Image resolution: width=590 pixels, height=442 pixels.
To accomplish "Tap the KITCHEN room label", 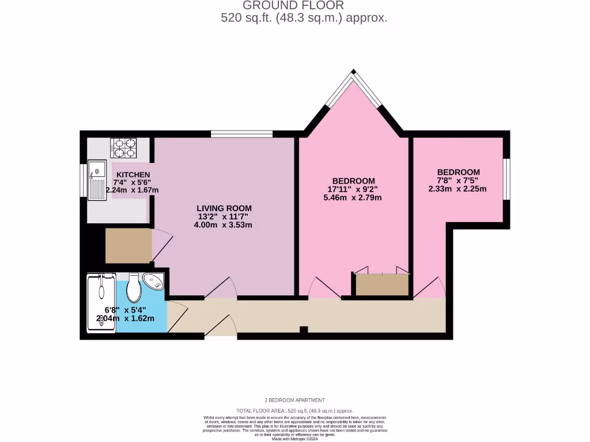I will point(133,175).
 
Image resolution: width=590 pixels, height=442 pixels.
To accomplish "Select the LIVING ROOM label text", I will point(224,208).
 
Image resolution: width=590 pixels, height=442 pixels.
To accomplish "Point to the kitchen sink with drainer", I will point(97,180).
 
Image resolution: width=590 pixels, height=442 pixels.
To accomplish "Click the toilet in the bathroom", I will point(134,288).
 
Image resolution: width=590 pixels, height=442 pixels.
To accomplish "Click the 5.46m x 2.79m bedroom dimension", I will point(353,197).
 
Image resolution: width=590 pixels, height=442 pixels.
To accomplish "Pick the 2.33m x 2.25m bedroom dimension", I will point(457,189).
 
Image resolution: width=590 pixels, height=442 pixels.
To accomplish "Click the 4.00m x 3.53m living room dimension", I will point(224,225).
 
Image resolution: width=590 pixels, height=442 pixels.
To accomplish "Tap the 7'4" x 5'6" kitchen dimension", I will point(132,182).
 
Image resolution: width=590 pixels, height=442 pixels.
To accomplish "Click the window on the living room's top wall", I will point(241,135).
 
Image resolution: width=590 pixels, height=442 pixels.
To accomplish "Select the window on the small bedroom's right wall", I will point(506,178).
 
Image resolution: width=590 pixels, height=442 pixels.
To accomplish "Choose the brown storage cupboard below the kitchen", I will point(128,246).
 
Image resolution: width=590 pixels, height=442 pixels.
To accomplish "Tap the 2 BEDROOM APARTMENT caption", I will point(294,400).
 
